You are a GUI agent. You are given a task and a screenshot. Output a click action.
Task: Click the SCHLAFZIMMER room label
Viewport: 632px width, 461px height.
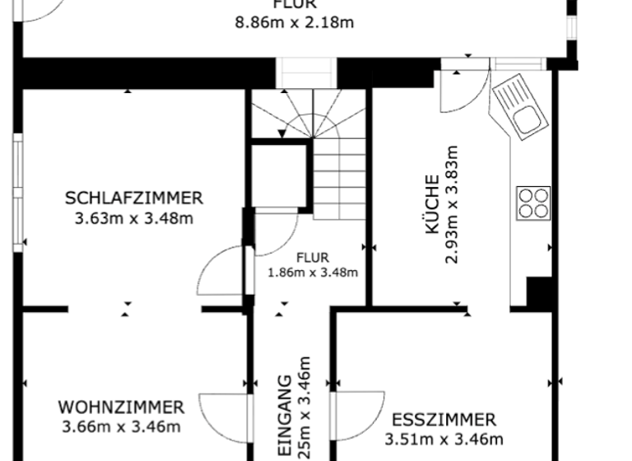(x=133, y=198)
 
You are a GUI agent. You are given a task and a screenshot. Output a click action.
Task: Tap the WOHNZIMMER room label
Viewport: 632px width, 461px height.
(x=121, y=407)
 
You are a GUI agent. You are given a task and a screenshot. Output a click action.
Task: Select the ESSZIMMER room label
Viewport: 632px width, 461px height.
(x=444, y=420)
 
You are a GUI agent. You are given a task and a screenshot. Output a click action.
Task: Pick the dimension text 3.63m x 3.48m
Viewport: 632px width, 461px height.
(x=133, y=219)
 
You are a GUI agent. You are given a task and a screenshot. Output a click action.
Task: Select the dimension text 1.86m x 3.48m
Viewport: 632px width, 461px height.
(x=312, y=272)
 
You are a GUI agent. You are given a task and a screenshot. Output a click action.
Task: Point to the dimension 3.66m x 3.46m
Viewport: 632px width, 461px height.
(x=121, y=426)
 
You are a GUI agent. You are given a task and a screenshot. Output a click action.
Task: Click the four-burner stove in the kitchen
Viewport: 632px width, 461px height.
(x=532, y=202)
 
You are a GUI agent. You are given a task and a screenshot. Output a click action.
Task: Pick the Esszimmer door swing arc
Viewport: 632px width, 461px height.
(x=358, y=416)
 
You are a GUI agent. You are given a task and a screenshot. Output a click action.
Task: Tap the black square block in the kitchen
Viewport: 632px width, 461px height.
(x=539, y=293)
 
